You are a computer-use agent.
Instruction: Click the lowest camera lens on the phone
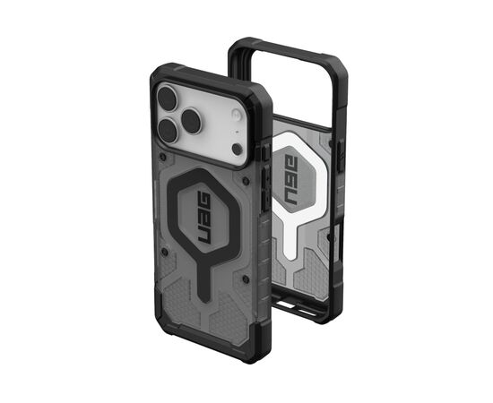tap(169, 131)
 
